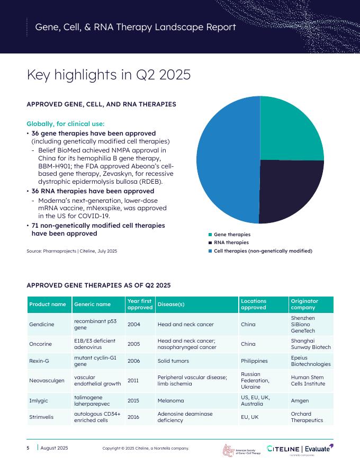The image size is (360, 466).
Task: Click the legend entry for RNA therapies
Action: click(231, 243)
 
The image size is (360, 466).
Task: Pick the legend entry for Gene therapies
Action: click(232, 234)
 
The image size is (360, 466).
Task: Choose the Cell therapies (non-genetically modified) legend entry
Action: click(263, 250)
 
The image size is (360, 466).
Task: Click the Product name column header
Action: click(48, 304)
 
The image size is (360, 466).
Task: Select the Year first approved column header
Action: click(140, 304)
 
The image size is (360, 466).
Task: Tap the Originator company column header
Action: click(311, 304)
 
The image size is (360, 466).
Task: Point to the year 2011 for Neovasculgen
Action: click(134, 380)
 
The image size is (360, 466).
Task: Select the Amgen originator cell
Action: click(300, 401)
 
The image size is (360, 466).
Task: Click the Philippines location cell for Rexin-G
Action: click(254, 361)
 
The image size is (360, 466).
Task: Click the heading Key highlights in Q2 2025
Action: click(109, 75)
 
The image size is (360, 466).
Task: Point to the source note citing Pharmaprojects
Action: click(72, 250)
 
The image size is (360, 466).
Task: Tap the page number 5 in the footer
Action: click(28, 448)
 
